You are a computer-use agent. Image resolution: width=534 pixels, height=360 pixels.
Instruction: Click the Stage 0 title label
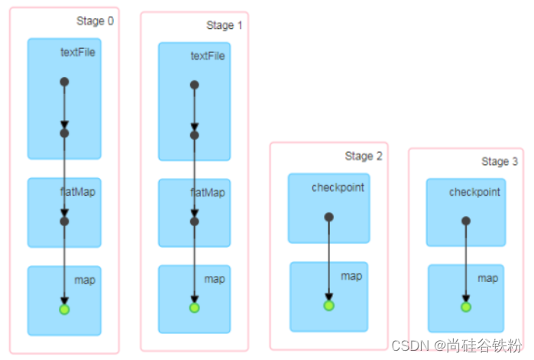95,21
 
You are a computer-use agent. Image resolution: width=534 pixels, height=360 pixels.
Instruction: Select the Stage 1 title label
225,25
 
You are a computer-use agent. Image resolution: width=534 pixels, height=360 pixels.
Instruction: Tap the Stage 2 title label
363,156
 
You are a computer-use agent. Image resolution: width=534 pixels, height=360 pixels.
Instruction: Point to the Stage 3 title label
500,161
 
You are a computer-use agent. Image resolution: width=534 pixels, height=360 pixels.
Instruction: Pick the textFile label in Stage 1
208,56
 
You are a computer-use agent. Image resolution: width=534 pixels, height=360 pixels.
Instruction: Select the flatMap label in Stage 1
208,193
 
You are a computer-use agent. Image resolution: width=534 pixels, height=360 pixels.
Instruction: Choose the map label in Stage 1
215,279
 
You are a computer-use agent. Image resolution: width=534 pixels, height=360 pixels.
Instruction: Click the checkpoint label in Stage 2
338,187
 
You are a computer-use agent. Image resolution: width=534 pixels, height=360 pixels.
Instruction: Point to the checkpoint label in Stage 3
474,192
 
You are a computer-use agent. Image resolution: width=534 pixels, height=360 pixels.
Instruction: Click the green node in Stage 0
64,309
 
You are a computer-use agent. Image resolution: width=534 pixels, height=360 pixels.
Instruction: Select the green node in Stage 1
194,307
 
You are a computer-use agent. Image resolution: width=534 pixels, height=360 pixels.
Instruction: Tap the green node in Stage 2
328,305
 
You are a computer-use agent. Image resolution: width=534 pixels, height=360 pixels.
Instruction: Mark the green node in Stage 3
465,306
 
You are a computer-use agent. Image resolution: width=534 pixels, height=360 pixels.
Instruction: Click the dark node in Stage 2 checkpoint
328,217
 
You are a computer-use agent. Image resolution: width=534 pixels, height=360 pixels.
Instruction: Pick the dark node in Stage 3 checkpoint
465,221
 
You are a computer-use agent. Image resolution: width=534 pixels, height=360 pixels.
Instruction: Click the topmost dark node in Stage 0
64,82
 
